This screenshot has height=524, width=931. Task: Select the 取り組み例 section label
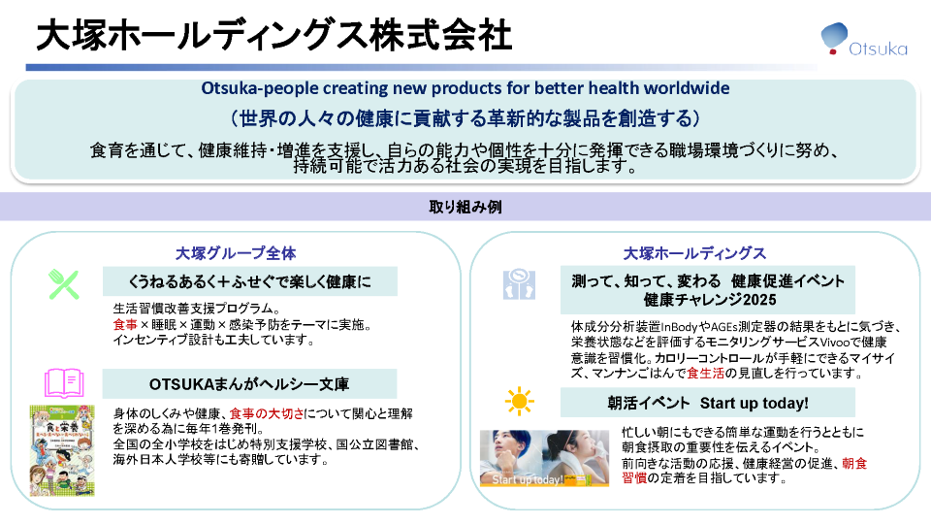click(x=465, y=207)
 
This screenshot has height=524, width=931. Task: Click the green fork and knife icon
click(x=64, y=283)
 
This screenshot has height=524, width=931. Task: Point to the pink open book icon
click(x=65, y=381)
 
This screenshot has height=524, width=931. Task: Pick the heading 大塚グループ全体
click(x=236, y=253)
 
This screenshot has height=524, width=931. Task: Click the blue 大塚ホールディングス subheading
click(x=694, y=253)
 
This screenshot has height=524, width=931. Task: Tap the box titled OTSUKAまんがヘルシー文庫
click(x=249, y=383)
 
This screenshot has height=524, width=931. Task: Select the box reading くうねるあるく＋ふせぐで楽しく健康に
click(x=249, y=282)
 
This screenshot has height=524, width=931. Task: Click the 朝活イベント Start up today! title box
click(x=707, y=402)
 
